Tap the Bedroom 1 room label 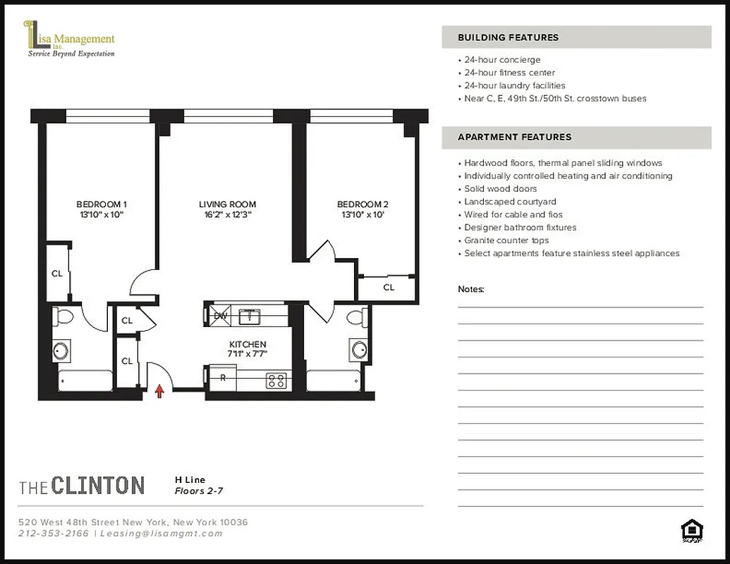102,204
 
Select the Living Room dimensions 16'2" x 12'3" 226,215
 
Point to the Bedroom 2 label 363,204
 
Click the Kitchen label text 247,344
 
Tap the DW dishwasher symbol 220,316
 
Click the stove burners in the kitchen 276,381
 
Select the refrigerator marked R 224,378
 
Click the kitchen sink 250,317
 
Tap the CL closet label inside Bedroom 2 389,287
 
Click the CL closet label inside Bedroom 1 57,273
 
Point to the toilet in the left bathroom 63,317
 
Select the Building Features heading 508,37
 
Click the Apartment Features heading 514,137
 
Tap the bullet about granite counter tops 506,240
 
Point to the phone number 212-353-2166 54,534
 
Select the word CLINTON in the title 97,486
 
